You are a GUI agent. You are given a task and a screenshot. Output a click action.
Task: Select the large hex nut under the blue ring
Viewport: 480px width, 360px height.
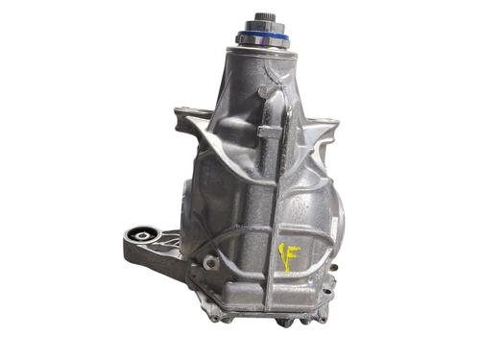click(262, 42)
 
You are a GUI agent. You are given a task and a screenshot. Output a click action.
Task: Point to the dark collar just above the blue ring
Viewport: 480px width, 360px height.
click(262, 26)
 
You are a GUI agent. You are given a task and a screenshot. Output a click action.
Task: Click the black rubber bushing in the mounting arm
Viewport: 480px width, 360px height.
click(141, 237)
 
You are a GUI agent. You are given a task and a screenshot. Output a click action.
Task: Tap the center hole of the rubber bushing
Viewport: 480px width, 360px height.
click(141, 236)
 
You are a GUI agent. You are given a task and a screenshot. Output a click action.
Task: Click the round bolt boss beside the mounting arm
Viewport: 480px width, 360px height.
click(210, 263)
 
